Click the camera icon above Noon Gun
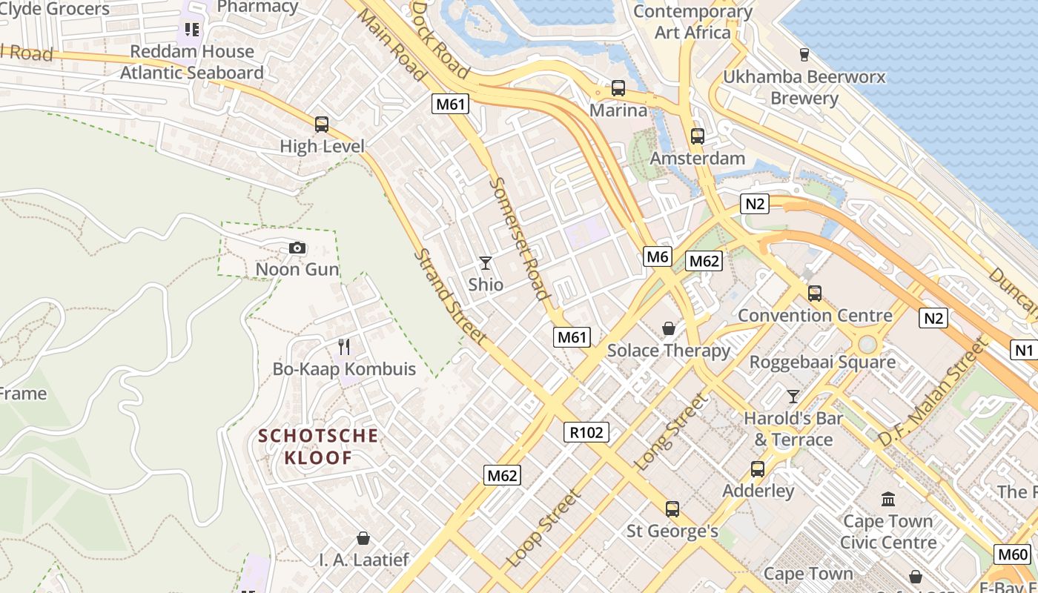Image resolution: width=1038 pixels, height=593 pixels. tap(297, 248)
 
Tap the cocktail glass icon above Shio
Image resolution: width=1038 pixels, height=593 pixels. tap(486, 263)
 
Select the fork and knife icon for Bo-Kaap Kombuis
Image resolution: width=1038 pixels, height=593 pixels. tap(344, 346)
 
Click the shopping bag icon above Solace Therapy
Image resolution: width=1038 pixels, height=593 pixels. tap(669, 328)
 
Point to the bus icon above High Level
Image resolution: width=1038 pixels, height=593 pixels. tap(322, 125)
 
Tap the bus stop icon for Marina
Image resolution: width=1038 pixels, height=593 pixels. tap(618, 88)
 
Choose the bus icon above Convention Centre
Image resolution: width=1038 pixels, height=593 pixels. tap(815, 294)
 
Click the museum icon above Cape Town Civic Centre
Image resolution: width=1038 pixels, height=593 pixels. tap(888, 499)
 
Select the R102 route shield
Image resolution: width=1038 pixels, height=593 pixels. tap(586, 432)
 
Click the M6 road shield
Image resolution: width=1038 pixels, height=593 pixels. tap(658, 256)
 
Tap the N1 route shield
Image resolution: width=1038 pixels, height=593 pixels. tap(1024, 350)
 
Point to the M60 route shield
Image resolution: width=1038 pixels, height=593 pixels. tap(1013, 554)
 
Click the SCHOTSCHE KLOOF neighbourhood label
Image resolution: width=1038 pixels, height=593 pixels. tap(318, 446)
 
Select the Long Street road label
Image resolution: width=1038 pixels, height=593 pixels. tap(672, 431)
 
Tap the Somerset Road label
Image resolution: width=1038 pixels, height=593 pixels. tap(520, 238)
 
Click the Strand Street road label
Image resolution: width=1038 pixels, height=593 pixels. tap(450, 296)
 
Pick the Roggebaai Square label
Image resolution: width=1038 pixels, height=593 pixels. tap(822, 362)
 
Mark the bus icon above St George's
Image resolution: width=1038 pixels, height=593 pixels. tap(672, 509)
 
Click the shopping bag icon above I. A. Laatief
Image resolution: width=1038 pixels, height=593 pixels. tap(363, 537)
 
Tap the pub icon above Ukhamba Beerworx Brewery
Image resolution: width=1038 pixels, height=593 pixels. tap(804, 54)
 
